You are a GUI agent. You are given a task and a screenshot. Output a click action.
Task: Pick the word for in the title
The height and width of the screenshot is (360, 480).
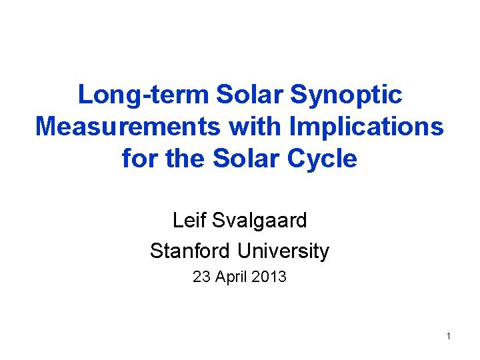[138, 159]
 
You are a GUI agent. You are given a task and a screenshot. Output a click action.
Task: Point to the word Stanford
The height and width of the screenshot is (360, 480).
[191, 251]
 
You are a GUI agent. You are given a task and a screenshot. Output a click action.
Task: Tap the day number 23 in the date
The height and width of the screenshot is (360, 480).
[200, 277]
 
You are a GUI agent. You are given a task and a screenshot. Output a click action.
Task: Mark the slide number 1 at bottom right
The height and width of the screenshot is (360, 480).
[449, 336]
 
